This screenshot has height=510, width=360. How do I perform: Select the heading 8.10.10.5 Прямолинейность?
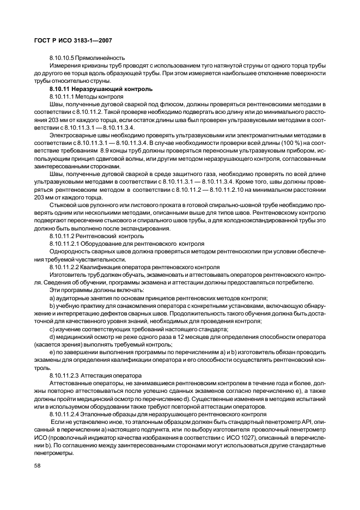click(87, 57)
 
